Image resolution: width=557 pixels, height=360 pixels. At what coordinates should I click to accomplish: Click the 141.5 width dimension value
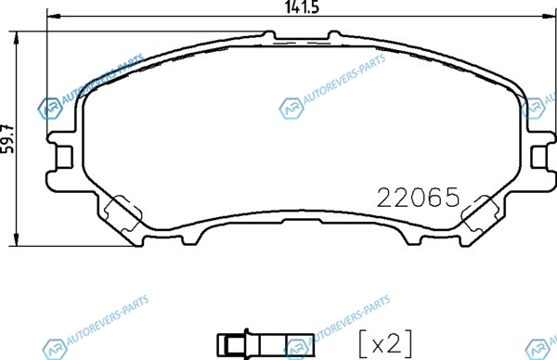302,6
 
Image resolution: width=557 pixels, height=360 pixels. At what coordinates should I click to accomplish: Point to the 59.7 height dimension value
7,139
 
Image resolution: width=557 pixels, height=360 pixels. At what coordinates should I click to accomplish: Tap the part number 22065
418,198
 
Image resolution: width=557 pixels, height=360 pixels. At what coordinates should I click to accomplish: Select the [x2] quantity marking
386,343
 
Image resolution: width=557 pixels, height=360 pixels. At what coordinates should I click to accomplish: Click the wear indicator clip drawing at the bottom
266,344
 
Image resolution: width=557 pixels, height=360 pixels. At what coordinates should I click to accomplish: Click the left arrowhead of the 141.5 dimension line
54,16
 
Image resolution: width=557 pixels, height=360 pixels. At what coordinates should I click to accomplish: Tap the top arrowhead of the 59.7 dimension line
16,38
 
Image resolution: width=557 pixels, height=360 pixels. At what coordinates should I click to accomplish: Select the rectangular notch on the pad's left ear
64,157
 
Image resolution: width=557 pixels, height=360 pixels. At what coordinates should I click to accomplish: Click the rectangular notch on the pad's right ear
538,157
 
